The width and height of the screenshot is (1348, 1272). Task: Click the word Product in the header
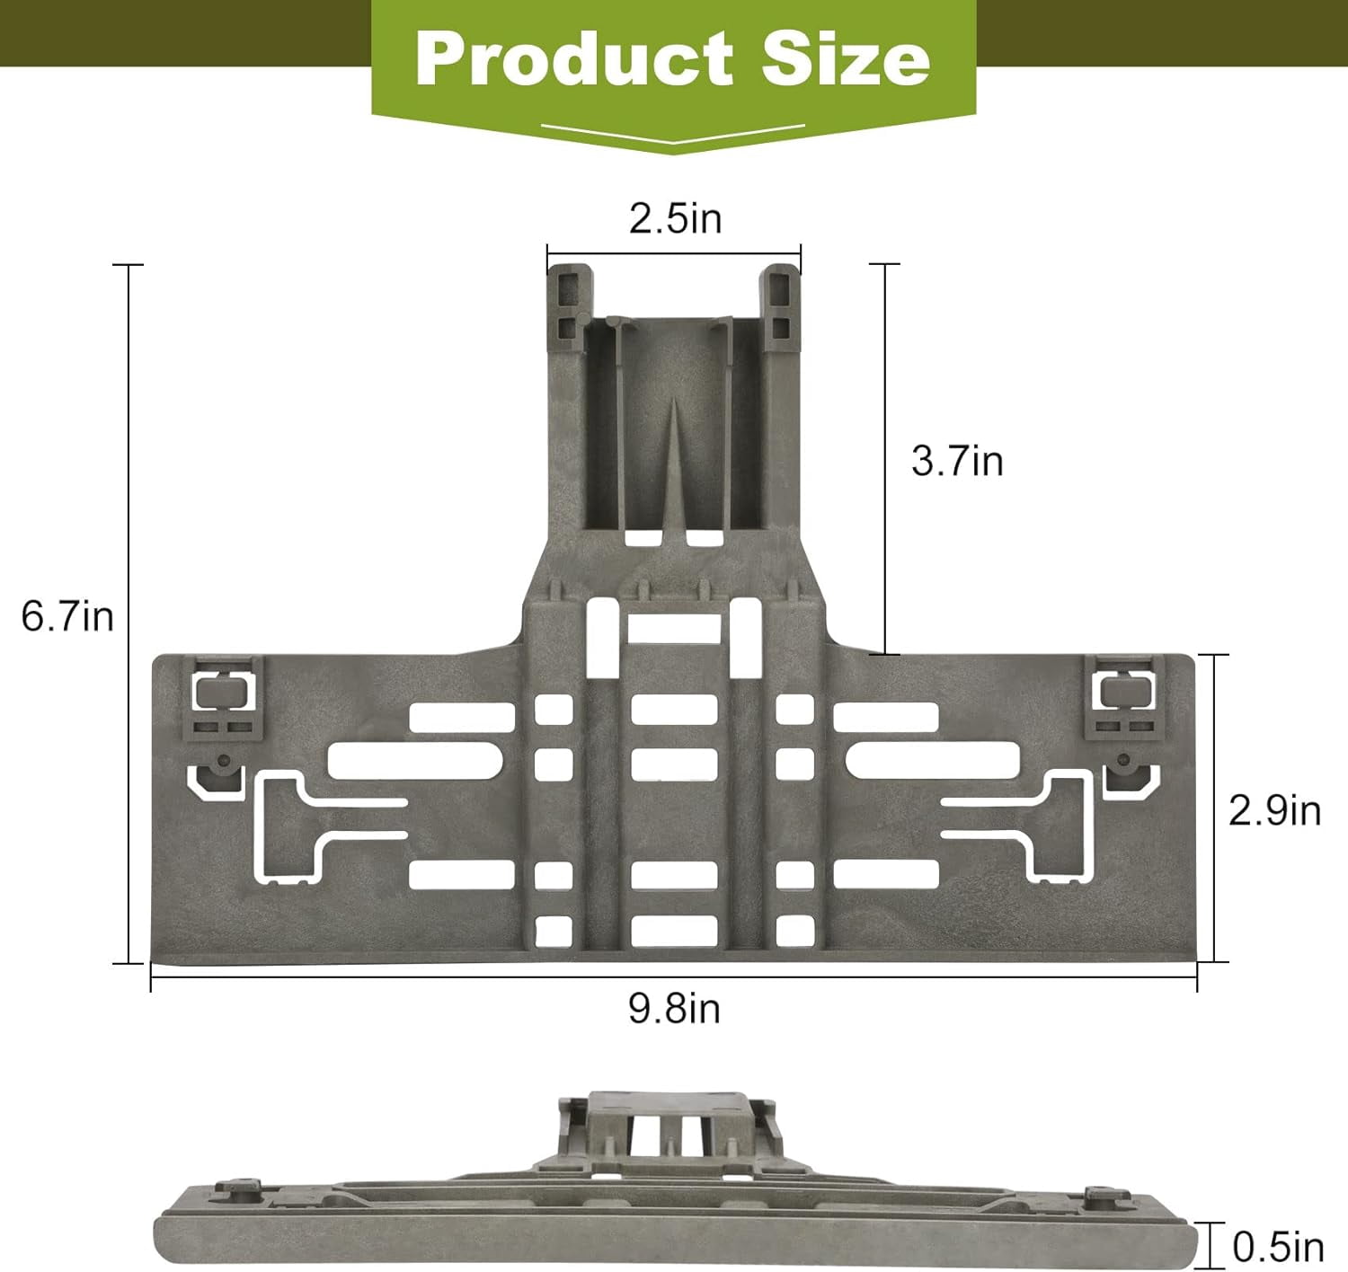[574, 59]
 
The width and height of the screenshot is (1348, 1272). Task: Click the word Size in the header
[846, 59]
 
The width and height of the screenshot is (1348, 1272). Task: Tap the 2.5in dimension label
[676, 219]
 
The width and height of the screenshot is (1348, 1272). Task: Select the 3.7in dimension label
[957, 462]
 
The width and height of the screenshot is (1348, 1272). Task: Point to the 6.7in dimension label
[67, 617]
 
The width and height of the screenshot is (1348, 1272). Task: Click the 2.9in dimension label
[1274, 811]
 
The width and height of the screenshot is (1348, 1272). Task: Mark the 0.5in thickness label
[1278, 1248]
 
